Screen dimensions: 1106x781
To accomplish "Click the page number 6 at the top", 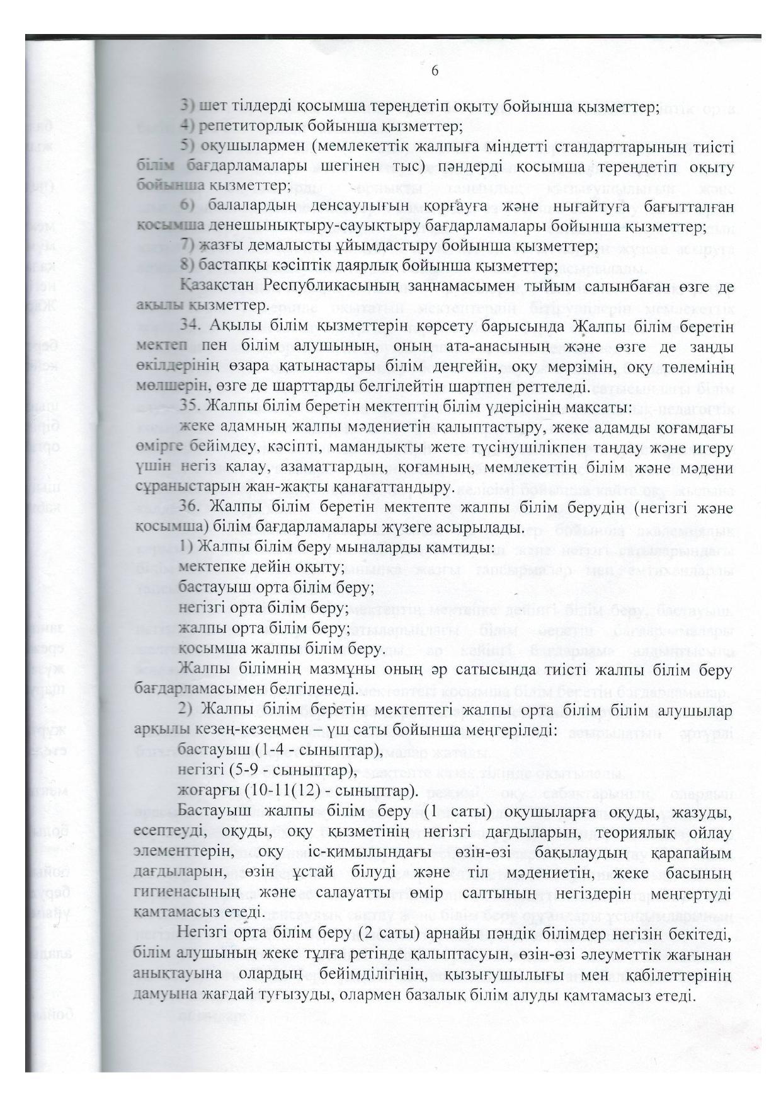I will point(435,71).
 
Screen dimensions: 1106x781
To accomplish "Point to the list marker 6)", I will point(186,207).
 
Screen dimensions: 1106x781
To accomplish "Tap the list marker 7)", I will point(186,246).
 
